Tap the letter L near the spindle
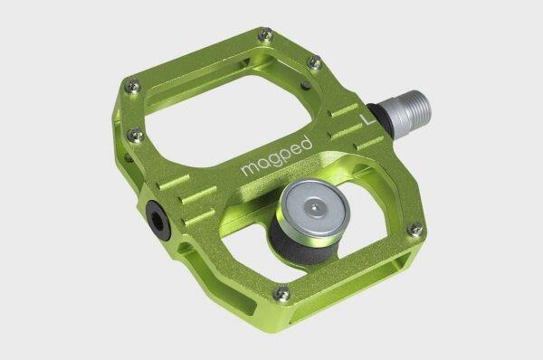click(x=366, y=116)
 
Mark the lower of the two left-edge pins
click(x=137, y=136)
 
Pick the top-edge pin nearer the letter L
click(x=315, y=62)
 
